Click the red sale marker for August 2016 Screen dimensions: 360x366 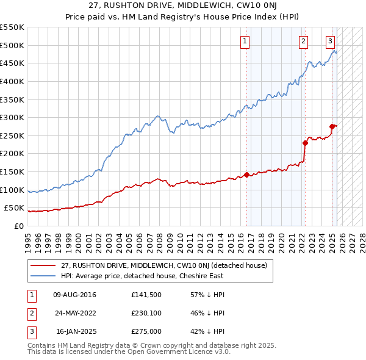[x=246, y=175]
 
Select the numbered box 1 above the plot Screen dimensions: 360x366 [x=245, y=41]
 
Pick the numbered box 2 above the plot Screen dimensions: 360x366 [x=303, y=41]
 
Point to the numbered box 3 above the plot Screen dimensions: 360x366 [x=330, y=41]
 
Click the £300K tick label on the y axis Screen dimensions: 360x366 [x=12, y=117]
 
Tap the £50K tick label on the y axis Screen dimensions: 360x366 [x=15, y=208]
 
